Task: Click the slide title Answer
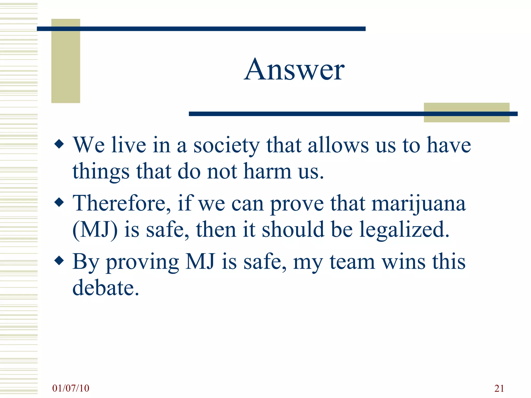click(294, 70)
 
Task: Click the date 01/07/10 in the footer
click(71, 388)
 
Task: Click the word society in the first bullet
click(226, 146)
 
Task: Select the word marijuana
click(418, 204)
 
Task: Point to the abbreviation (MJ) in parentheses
click(95, 230)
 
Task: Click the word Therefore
click(121, 203)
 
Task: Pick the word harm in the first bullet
click(268, 172)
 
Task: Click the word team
click(352, 262)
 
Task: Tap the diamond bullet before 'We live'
click(59, 144)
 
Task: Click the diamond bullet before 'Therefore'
click(59, 202)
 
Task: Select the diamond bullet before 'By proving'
click(59, 261)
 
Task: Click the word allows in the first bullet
click(338, 145)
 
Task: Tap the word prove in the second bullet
click(297, 205)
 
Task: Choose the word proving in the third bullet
click(142, 263)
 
